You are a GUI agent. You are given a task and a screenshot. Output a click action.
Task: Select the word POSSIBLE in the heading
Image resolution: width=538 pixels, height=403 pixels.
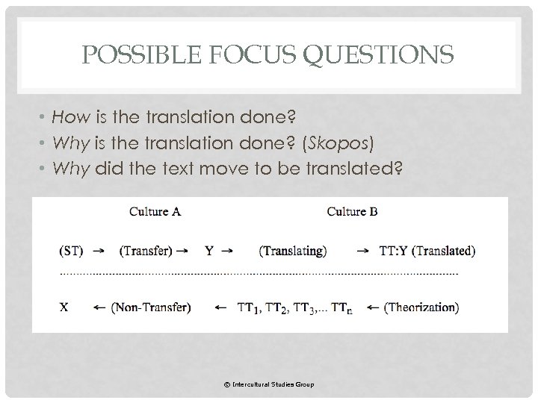pyautogui.click(x=132, y=54)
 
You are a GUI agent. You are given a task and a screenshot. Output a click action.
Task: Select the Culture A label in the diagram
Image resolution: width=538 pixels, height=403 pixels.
pyautogui.click(x=155, y=211)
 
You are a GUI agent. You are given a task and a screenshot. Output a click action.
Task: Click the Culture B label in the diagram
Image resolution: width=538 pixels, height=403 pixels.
pyautogui.click(x=352, y=211)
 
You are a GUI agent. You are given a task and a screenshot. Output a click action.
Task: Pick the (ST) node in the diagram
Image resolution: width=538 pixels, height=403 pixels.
pyautogui.click(x=71, y=251)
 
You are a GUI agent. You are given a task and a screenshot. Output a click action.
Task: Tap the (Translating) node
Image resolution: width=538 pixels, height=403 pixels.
pyautogui.click(x=292, y=251)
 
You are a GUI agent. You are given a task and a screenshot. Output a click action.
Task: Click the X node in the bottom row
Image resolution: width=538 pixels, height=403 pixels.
pyautogui.click(x=64, y=306)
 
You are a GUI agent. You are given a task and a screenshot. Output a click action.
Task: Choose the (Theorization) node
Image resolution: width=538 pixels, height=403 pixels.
pyautogui.click(x=421, y=306)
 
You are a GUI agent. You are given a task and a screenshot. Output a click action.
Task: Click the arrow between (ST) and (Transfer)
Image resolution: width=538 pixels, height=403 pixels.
pyautogui.click(x=98, y=252)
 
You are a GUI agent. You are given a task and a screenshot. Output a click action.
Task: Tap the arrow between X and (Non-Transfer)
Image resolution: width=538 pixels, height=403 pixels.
pyautogui.click(x=98, y=307)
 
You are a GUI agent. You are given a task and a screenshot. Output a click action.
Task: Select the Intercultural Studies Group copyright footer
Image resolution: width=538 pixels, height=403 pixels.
pyautogui.click(x=268, y=384)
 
